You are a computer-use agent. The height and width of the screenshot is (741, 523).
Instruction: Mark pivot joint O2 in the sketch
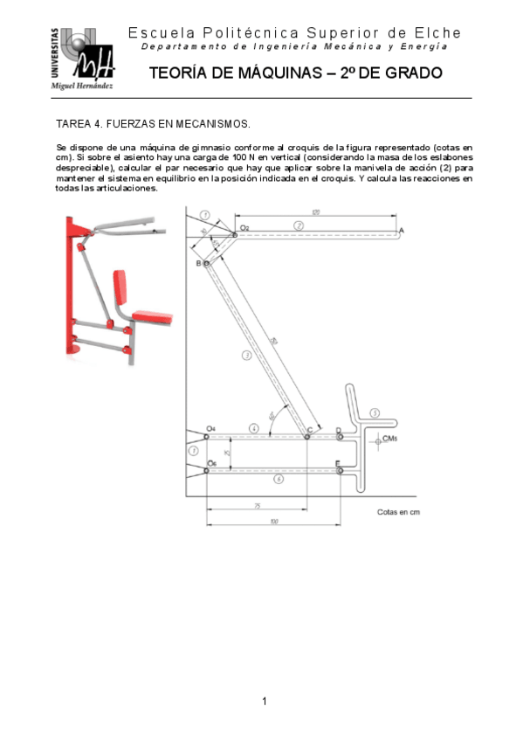coord(235,235)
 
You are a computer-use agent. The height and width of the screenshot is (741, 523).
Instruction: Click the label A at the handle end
coord(401,230)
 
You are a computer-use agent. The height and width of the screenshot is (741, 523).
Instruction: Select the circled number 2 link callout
coord(299,225)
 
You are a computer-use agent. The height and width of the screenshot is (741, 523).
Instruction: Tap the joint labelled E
coord(340,470)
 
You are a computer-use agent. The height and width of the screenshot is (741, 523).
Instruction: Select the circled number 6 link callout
coord(278,479)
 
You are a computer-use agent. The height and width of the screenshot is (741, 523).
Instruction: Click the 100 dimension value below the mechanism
coord(274,522)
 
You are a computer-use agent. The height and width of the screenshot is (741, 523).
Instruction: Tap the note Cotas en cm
coord(398,512)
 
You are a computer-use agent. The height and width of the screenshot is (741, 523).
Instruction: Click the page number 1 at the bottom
coord(263,701)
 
